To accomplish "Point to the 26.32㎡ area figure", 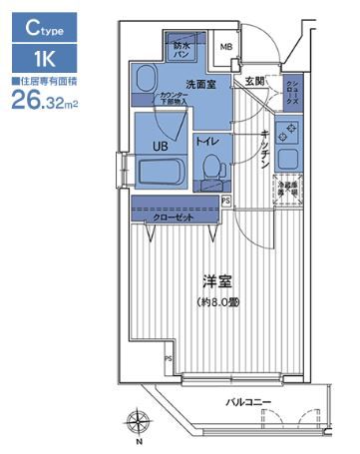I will click(45, 97).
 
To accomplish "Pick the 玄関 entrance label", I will click(253, 82).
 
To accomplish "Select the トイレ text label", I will click(207, 143).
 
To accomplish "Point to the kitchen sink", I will click(288, 160).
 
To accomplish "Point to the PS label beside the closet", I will click(225, 201).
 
